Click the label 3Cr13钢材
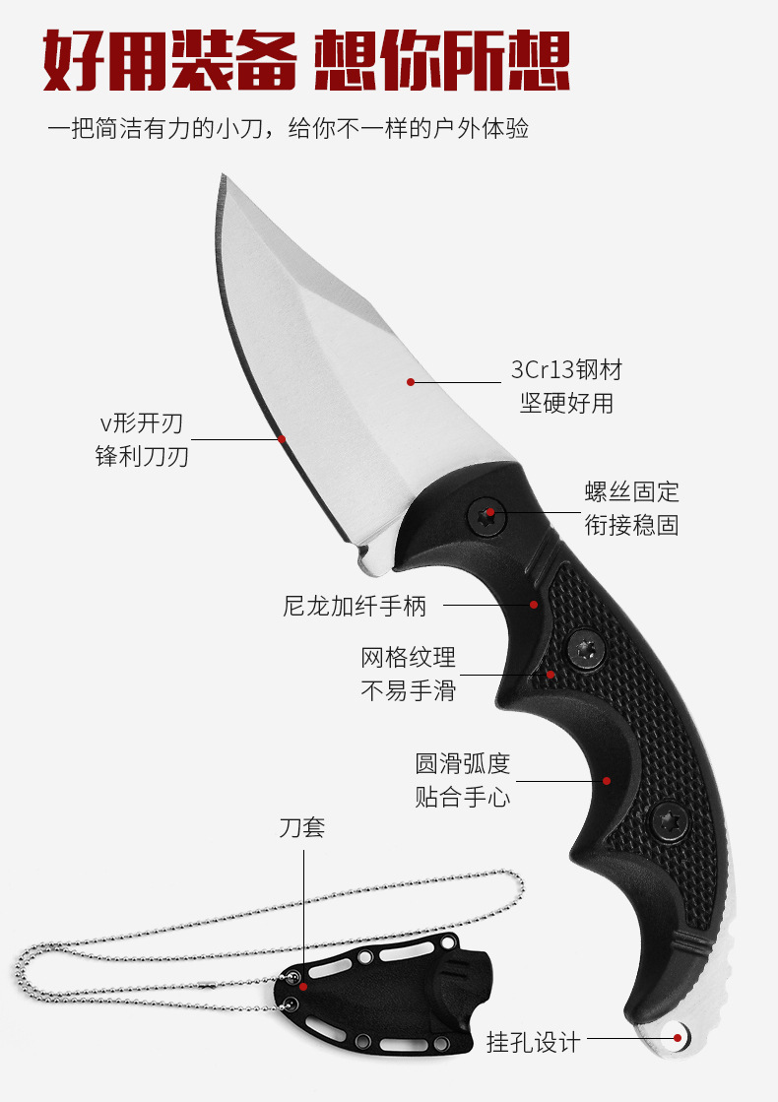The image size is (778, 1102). point(566,370)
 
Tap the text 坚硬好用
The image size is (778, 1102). point(566,403)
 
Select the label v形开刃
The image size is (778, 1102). point(142,424)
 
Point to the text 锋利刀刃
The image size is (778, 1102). point(142,457)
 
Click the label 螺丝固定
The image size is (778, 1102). point(631,491)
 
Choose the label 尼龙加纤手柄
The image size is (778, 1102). point(356,606)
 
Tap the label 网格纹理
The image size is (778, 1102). point(408,657)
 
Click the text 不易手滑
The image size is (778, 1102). point(408,689)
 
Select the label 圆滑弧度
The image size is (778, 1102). point(462,763)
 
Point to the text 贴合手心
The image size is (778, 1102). point(462,796)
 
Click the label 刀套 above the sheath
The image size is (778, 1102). point(301,827)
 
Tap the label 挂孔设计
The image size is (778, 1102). point(533,1041)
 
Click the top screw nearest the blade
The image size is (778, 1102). point(487,514)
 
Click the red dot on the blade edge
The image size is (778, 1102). point(282,438)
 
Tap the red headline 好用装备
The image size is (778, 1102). point(169,61)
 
